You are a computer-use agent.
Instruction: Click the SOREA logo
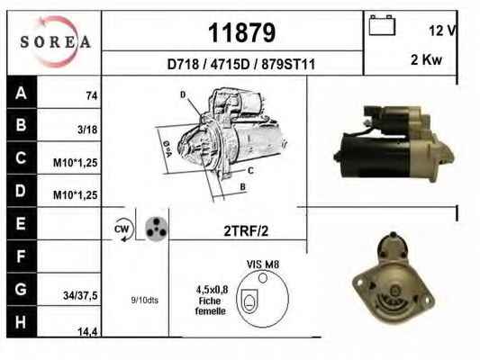pos(55,42)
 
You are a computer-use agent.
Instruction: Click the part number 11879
pos(242,32)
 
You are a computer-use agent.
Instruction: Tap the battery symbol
pos(382,25)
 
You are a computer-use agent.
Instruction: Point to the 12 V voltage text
pos(442,31)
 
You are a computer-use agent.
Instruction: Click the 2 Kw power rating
pos(426,59)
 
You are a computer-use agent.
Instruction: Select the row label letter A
pos(21,93)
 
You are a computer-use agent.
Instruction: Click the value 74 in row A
pos(92,96)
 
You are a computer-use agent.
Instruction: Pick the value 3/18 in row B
pos(87,130)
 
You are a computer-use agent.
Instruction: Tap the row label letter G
pos(21,289)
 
